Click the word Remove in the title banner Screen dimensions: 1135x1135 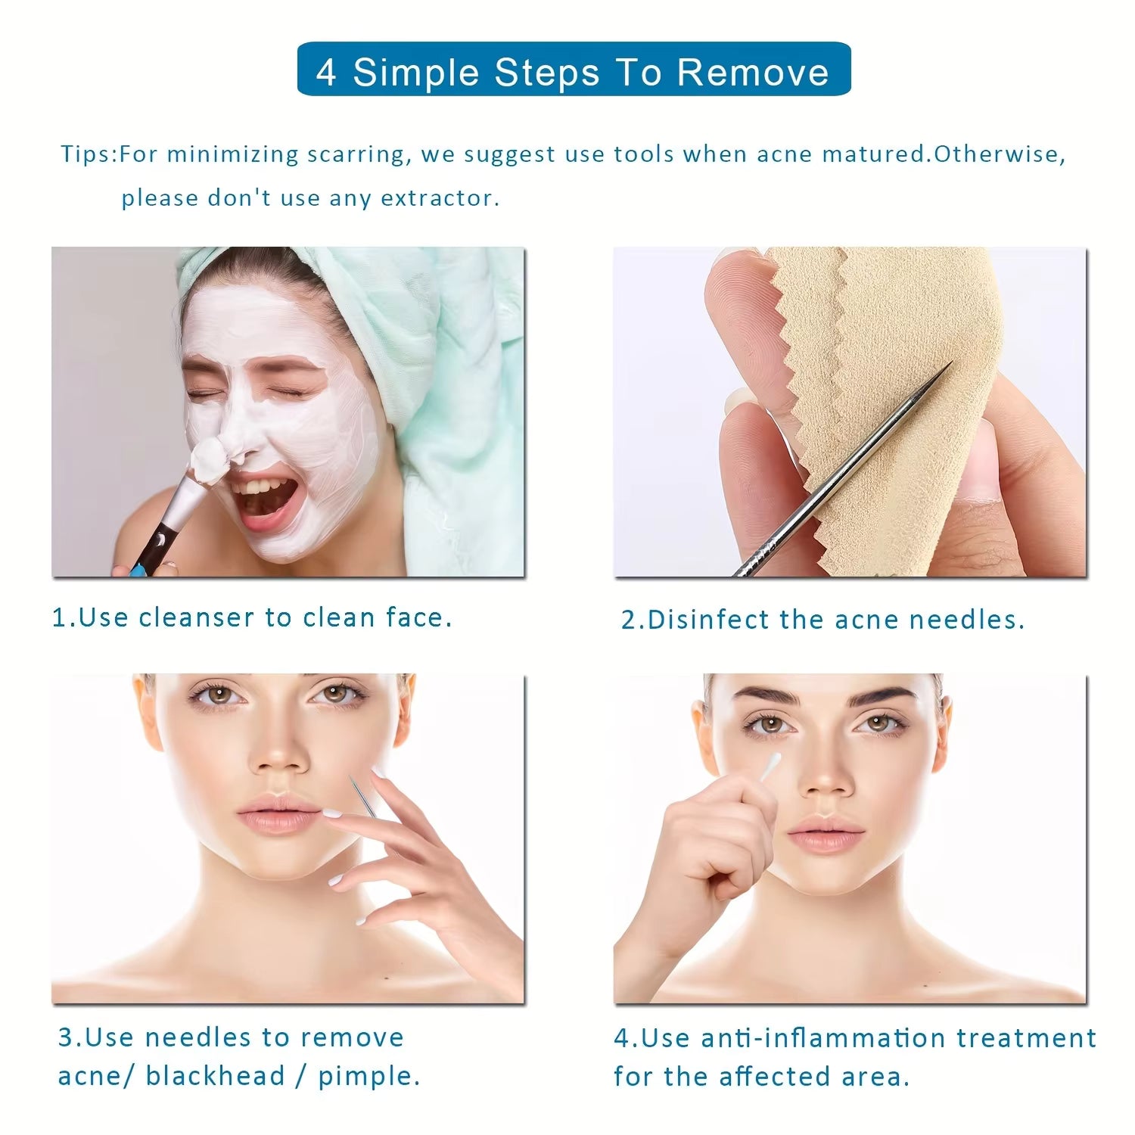(752, 72)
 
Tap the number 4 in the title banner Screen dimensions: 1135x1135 (325, 73)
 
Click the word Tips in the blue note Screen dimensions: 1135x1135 (86, 154)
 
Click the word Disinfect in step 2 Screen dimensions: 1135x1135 (707, 620)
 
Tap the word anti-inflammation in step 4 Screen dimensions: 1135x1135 (822, 1037)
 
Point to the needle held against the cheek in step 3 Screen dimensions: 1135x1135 (362, 794)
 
